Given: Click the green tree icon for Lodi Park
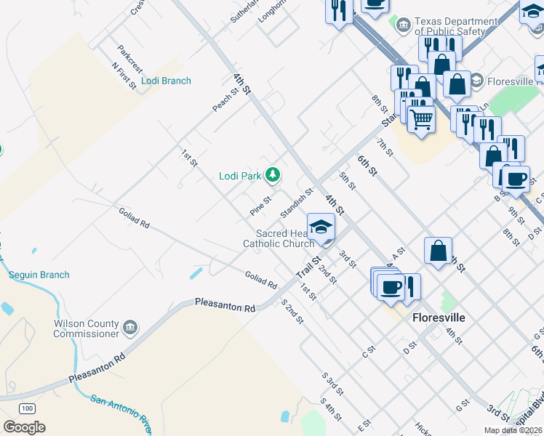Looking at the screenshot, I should [273, 174].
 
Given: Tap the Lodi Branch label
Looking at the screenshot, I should [167, 81].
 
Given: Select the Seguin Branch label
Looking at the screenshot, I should [39, 275].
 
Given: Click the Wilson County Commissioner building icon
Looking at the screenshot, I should [130, 326].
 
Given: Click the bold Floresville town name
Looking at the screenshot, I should [438, 318].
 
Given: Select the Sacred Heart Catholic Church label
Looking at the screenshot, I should [284, 238].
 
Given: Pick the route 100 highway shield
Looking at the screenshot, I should [28, 408].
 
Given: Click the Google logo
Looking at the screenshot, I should [24, 427].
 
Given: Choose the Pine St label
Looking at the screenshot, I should [260, 205].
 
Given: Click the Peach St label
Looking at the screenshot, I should [226, 100].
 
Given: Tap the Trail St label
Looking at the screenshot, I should [308, 267].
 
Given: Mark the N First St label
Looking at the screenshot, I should [124, 76].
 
